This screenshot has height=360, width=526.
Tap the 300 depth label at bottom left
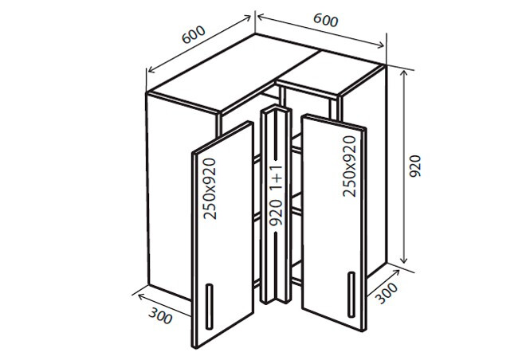point(160,315)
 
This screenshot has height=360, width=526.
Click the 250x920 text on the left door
point(210,190)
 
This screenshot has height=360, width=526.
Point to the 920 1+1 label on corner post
point(276,195)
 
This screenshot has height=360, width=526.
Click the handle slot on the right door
point(351,292)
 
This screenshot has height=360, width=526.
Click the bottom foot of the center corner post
point(275,301)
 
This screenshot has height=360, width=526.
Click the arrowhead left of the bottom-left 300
point(136,295)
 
